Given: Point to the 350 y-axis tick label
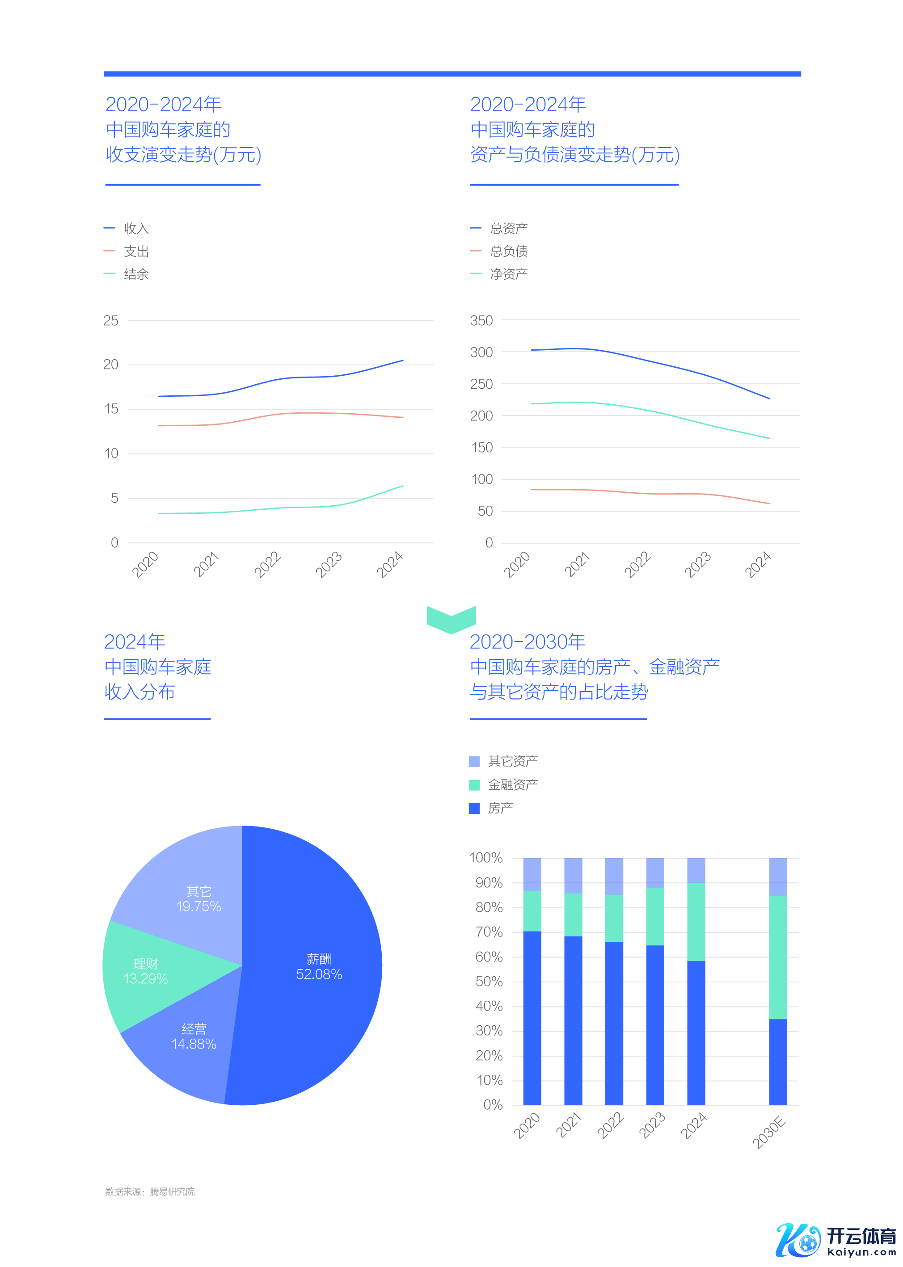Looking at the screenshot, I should pos(481,321).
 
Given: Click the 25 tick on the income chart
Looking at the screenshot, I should pos(111,321).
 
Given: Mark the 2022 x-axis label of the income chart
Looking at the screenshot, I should pos(267,564).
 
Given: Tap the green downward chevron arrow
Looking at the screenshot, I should pos(451,618).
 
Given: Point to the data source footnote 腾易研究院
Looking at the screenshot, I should pos(150,1191).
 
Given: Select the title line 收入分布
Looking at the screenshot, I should pos(139,692).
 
